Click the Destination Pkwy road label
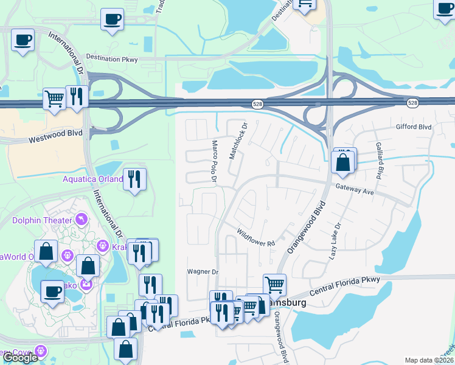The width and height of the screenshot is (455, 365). pyautogui.click(x=112, y=59)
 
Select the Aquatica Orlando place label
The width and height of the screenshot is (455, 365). pyautogui.click(x=93, y=179)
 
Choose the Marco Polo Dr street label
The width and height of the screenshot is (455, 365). pyautogui.click(x=214, y=161)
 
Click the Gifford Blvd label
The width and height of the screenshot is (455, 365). pyautogui.click(x=413, y=127)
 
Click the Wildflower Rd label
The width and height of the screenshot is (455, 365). pyautogui.click(x=256, y=238)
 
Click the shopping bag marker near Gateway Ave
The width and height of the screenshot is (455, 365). pyautogui.click(x=343, y=162)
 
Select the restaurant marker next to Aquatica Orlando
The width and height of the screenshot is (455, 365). pyautogui.click(x=134, y=179)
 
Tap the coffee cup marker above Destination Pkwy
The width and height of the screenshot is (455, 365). pyautogui.click(x=111, y=19)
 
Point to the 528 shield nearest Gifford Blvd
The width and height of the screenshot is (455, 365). pyautogui.click(x=413, y=103)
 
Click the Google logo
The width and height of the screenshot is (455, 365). pyautogui.click(x=20, y=358)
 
